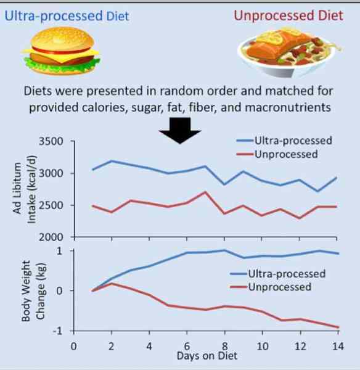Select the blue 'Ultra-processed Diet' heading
[67, 15]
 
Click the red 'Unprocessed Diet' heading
[288, 15]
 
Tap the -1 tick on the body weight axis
[60, 331]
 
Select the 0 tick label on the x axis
[73, 346]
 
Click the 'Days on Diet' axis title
[207, 356]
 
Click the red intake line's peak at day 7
[205, 192]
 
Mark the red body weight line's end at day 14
[337, 327]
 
